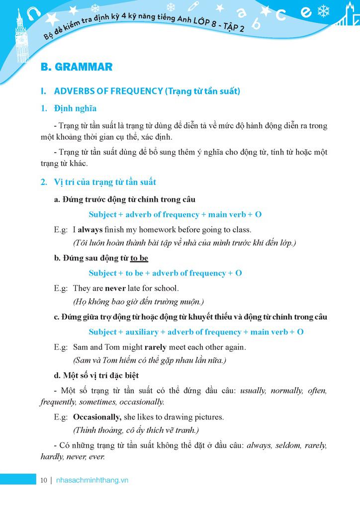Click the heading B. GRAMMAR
click(76, 67)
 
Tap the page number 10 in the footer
click(44, 480)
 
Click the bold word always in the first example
click(90, 230)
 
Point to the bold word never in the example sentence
click(115, 288)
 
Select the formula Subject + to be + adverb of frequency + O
click(165, 273)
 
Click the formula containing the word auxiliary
click(196, 332)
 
